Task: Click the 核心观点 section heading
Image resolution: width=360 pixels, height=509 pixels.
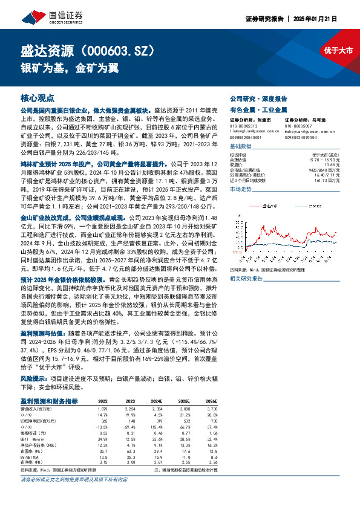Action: tap(38, 98)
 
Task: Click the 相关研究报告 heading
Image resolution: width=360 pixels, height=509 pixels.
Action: tap(246, 279)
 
